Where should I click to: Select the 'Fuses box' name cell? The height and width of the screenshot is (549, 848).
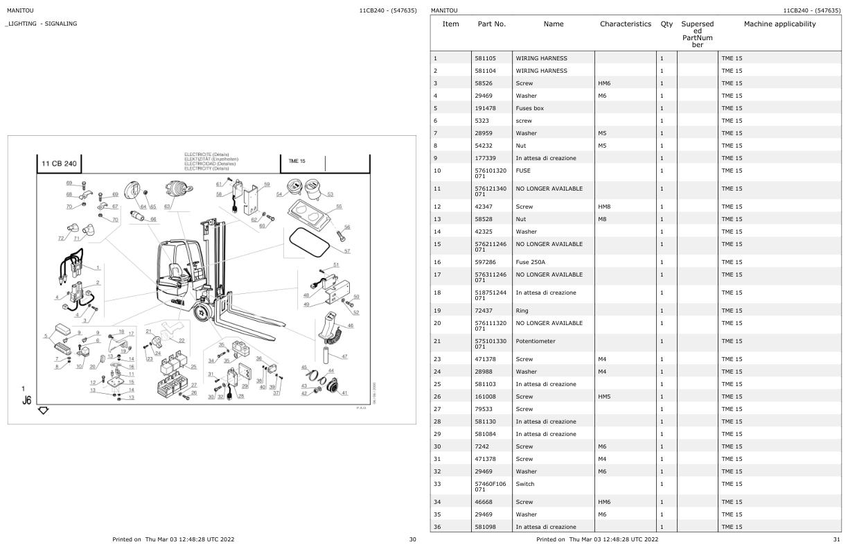click(x=529, y=108)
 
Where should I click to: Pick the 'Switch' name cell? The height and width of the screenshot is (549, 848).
click(x=526, y=484)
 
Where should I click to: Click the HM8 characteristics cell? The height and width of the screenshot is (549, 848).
click(x=605, y=207)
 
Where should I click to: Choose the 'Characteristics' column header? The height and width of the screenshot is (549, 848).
click(x=626, y=24)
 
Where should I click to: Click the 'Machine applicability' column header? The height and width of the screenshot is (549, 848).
click(x=779, y=24)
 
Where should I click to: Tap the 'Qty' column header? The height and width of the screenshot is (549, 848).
click(x=666, y=24)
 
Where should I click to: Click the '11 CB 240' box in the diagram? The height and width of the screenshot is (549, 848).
click(x=60, y=164)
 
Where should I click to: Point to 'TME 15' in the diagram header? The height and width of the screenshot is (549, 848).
click(x=297, y=161)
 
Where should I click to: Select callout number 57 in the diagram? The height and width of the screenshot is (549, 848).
click(x=347, y=251)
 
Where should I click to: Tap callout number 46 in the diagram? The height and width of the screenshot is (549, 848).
click(x=351, y=325)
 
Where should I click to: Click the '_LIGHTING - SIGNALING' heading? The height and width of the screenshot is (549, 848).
click(x=42, y=24)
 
